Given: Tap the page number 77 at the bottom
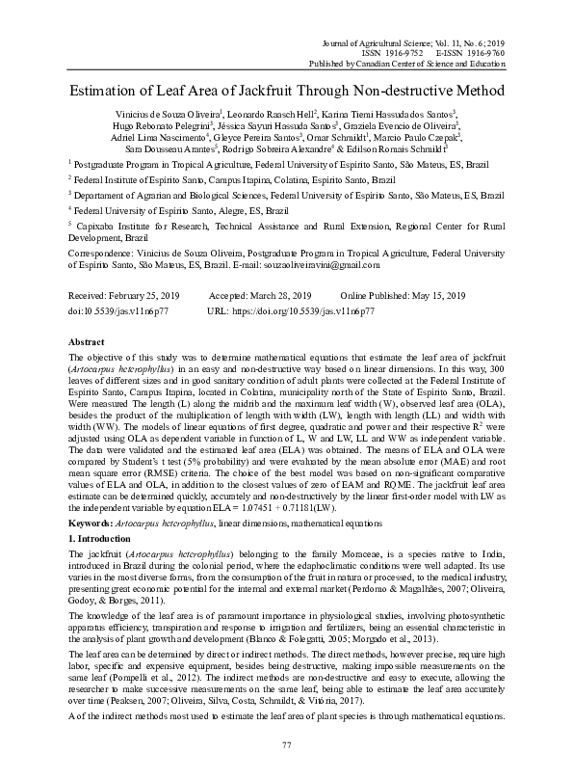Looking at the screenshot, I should click(x=286, y=745).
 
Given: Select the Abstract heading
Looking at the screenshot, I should click(x=86, y=342).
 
